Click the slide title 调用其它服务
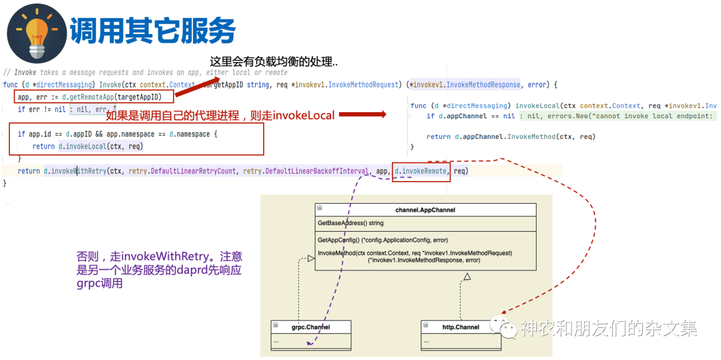click(153, 30)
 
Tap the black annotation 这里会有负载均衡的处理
click(274, 61)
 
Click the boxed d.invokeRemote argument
click(421, 171)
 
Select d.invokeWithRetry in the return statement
click(75, 171)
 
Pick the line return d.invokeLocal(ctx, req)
click(87, 146)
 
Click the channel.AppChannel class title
click(425, 210)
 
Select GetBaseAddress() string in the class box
click(350, 223)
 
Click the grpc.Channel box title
click(311, 327)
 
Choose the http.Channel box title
click(461, 327)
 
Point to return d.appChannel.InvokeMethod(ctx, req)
click(511, 137)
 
